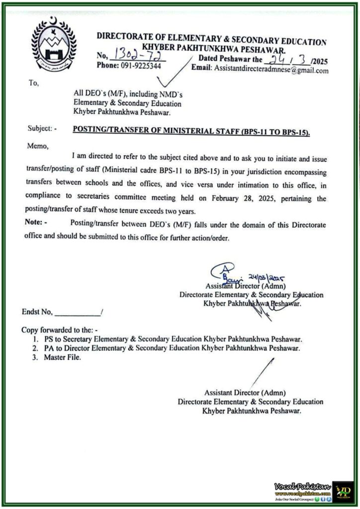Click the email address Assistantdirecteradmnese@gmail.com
pos(271,71)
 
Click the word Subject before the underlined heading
pos(40,129)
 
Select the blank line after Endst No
pos(77,313)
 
